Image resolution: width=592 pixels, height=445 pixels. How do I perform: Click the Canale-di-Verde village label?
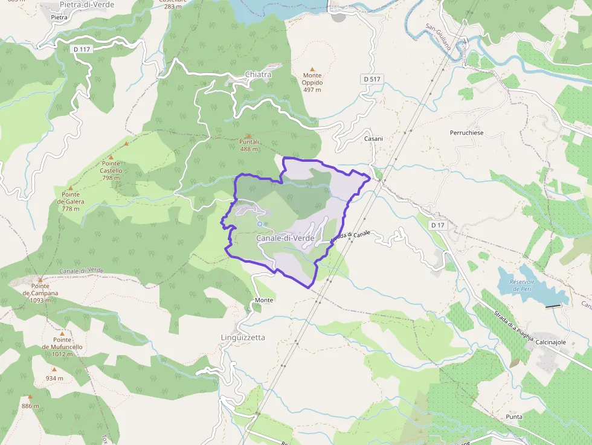[285, 239]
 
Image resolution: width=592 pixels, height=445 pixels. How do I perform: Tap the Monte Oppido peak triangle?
[312, 69]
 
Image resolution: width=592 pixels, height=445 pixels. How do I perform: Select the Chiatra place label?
[258, 74]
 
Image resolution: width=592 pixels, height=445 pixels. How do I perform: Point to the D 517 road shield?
[373, 79]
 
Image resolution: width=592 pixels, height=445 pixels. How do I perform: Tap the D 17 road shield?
[438, 225]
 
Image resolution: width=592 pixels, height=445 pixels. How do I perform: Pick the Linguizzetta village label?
[243, 338]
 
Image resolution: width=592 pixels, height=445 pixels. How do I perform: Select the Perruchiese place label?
[466, 132]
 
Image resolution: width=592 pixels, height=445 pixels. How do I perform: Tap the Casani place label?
[373, 138]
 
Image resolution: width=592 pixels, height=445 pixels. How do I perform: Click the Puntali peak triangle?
[249, 136]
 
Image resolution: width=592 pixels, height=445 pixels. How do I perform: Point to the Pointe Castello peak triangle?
[111, 157]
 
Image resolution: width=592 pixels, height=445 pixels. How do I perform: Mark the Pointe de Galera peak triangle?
[71, 188]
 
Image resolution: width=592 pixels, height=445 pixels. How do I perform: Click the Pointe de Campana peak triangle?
[40, 280]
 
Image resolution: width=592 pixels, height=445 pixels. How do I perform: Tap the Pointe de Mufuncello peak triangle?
[62, 333]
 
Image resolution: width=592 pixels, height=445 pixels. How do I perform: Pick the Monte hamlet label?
[264, 300]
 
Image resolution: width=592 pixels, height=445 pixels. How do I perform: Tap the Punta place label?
[515, 417]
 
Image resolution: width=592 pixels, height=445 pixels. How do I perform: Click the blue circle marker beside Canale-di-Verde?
[259, 224]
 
